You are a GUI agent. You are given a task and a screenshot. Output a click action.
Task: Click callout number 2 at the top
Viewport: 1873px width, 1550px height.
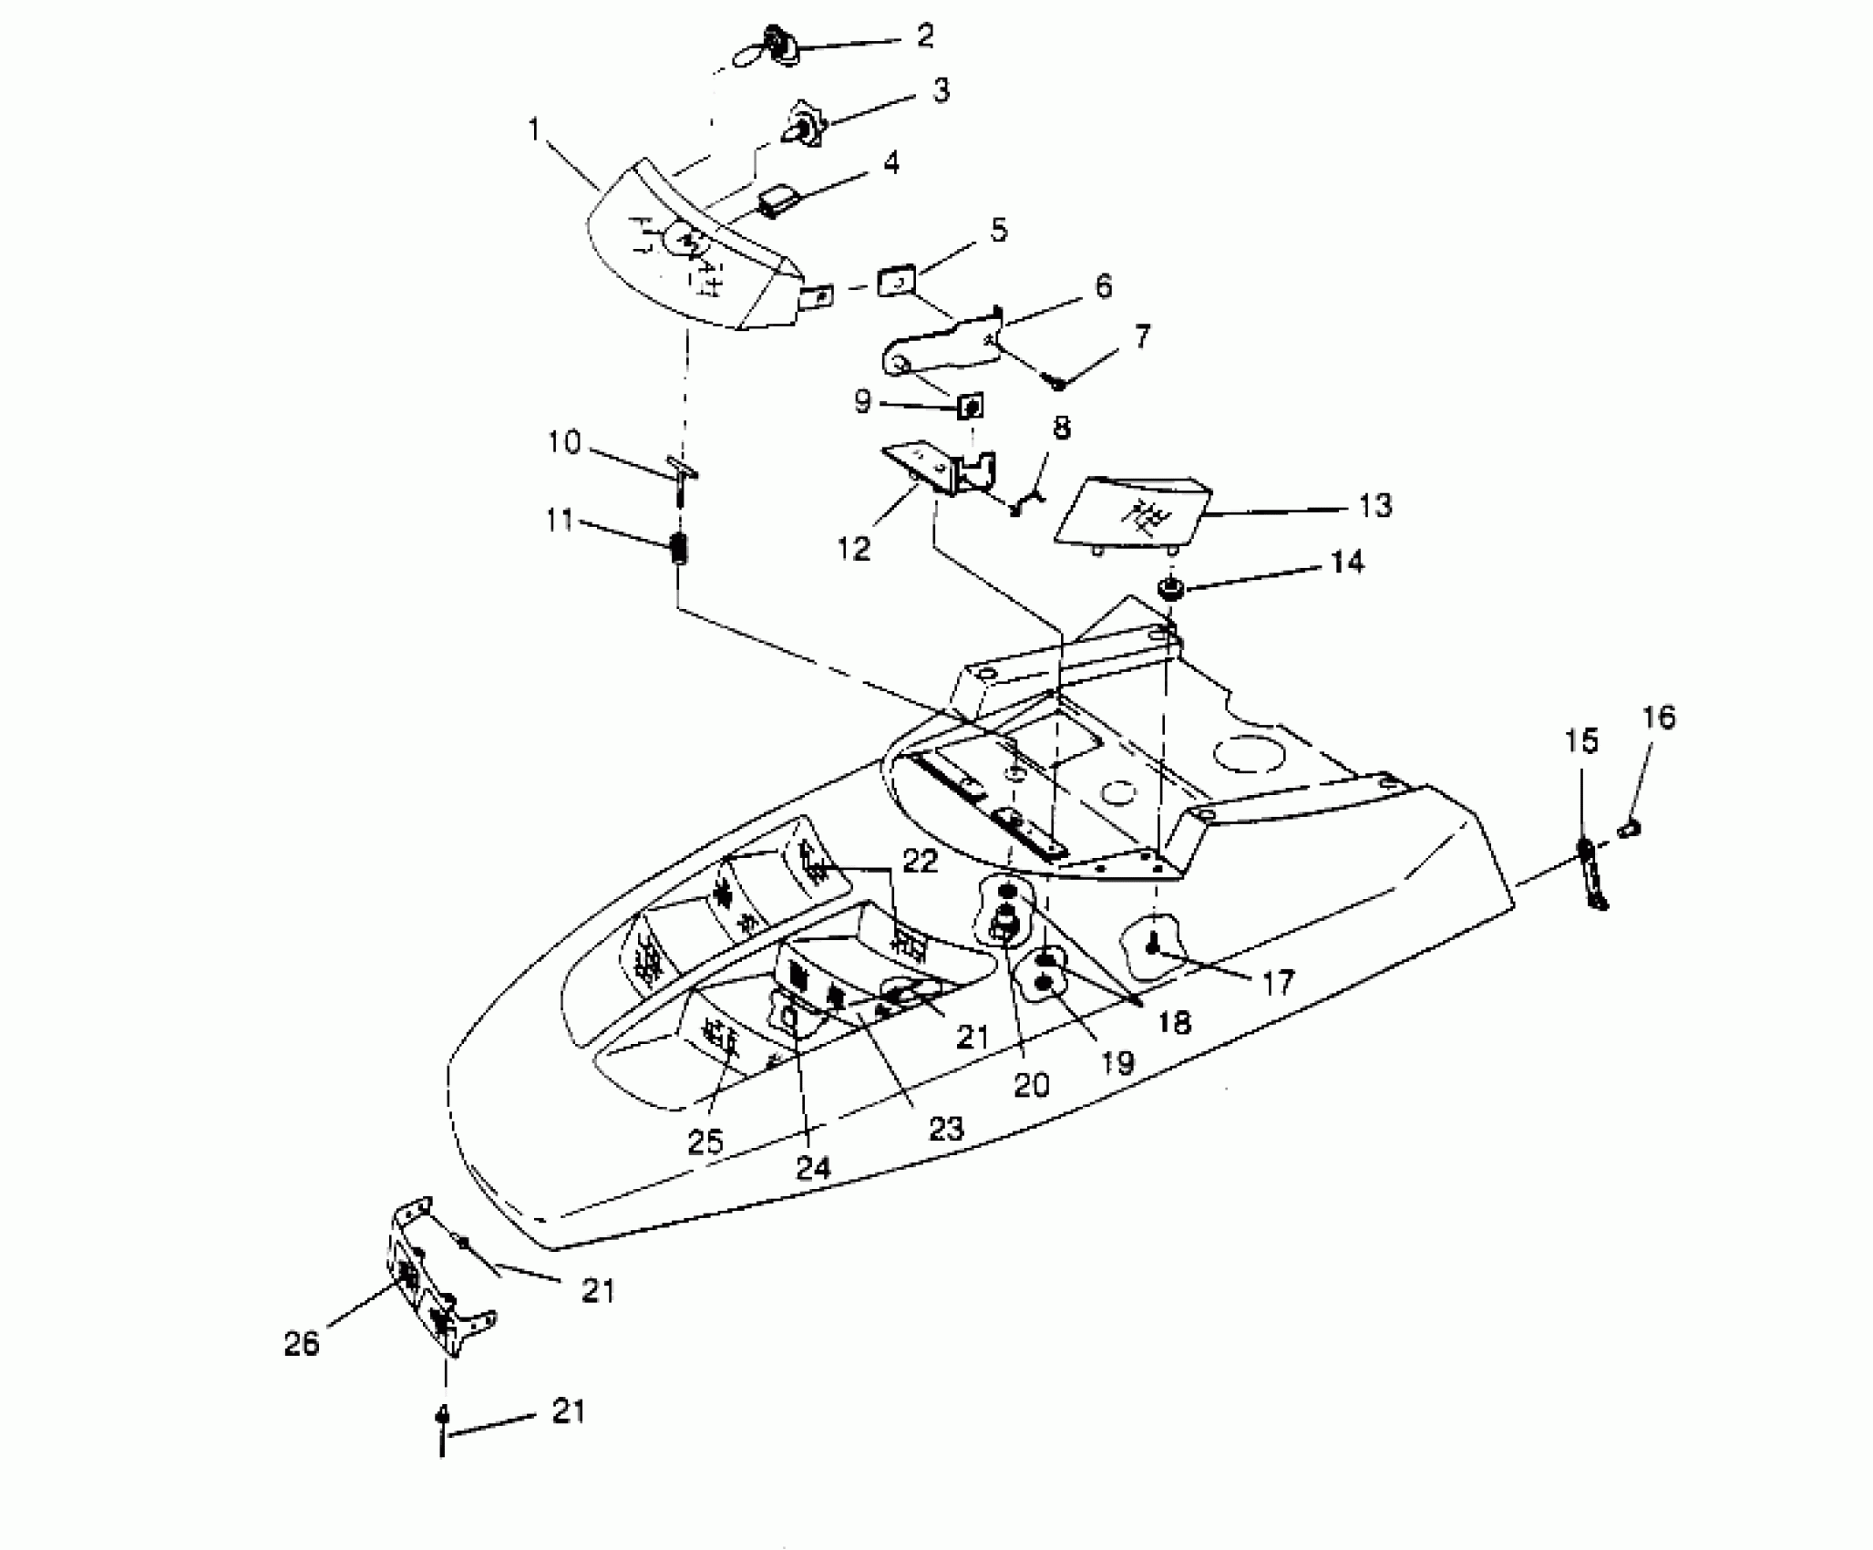[x=924, y=36]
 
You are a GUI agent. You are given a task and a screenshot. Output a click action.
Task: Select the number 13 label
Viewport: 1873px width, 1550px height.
[x=1374, y=505]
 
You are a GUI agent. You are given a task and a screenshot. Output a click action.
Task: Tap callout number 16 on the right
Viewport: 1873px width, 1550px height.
[x=1659, y=718]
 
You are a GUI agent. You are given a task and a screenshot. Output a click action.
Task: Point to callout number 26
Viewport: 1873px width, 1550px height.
[x=302, y=1343]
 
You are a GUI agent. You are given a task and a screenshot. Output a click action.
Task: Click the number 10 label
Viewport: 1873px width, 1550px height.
[x=564, y=443]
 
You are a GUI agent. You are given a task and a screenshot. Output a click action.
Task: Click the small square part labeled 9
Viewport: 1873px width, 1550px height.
[x=972, y=406]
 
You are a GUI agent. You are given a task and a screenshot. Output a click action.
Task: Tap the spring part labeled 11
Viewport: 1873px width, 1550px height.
[x=679, y=549]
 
